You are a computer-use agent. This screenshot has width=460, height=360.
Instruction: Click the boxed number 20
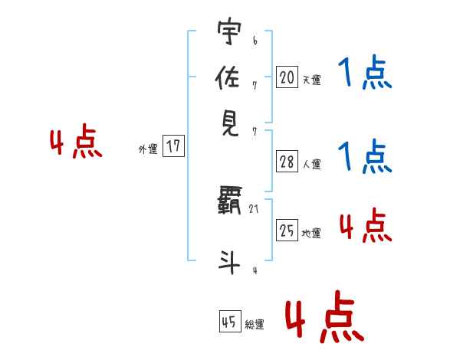[x=287, y=77]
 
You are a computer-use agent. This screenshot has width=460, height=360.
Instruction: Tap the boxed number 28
[x=287, y=162]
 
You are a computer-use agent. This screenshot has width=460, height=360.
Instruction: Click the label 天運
[x=310, y=80]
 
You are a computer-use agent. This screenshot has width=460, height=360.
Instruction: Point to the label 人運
[x=311, y=164]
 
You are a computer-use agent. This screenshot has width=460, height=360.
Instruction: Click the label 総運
[x=255, y=325]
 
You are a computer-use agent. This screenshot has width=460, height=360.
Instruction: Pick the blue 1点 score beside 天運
[x=365, y=74]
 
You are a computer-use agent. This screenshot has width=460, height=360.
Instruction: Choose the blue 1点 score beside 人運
[x=365, y=156]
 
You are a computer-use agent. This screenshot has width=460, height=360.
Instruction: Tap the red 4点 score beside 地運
[x=365, y=226]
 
